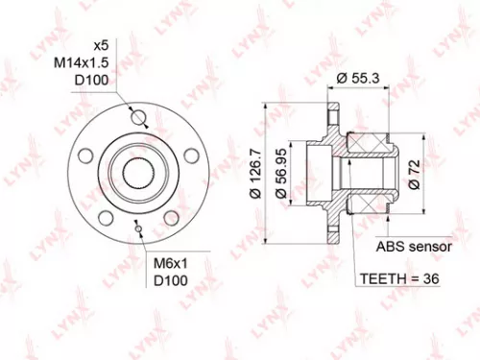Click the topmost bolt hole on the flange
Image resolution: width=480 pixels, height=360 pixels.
tap(139, 119)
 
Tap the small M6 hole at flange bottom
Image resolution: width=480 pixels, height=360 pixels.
tap(139, 228)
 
